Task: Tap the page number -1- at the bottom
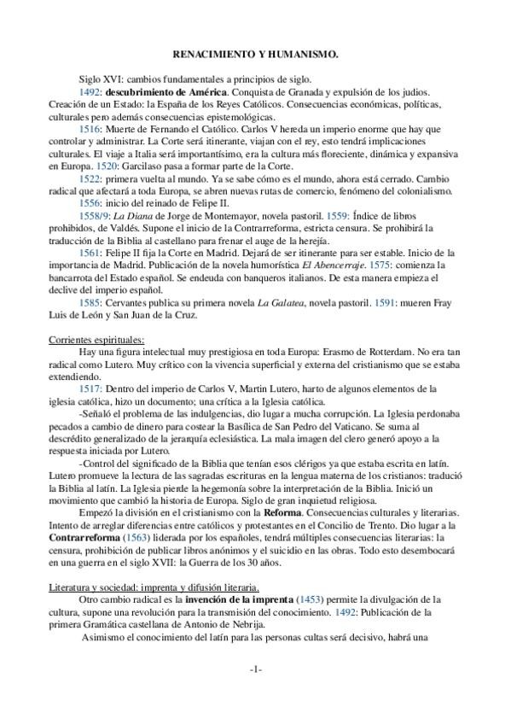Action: (x=255, y=669)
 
